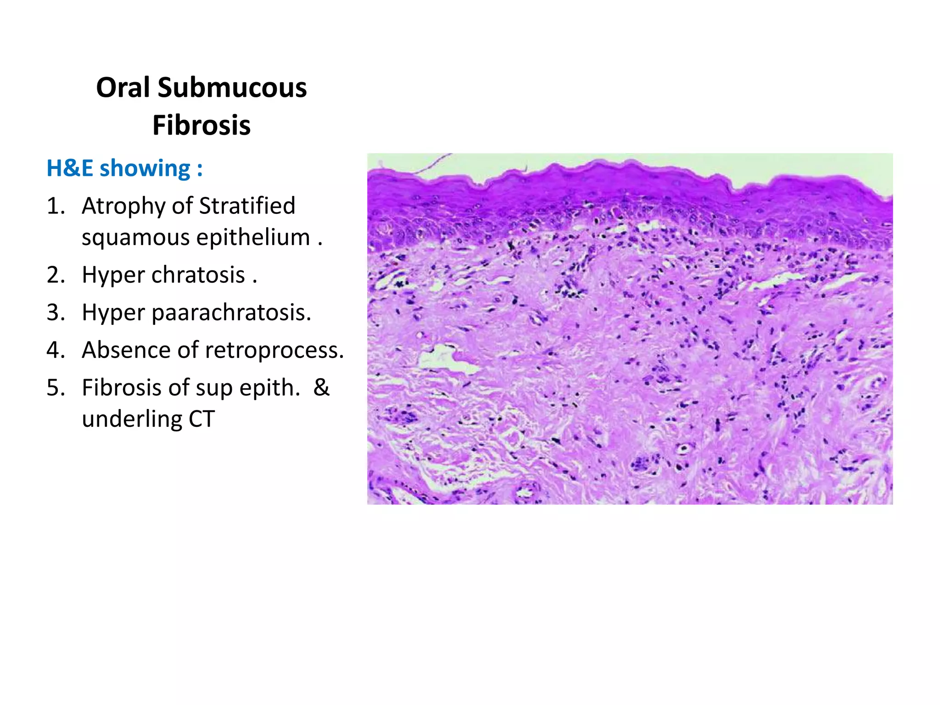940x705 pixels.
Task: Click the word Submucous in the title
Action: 232,87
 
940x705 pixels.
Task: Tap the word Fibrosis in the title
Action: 201,125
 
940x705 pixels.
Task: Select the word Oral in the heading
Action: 123,87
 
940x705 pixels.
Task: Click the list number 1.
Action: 56,206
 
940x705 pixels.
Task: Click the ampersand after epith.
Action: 321,388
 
